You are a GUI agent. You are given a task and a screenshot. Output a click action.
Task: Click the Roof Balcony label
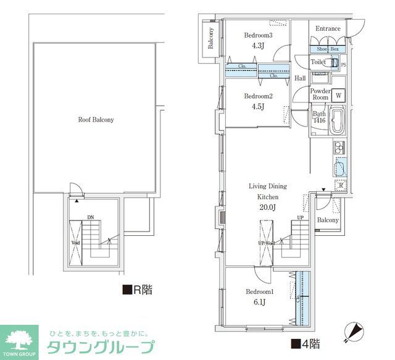(x=96, y=120)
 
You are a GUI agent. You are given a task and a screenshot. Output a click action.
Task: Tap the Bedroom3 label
(x=258, y=35)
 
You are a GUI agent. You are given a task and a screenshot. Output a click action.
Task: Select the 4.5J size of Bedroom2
(x=258, y=106)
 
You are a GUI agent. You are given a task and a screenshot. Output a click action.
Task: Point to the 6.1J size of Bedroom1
(x=258, y=301)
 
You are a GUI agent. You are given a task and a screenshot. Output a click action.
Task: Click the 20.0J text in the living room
(x=267, y=207)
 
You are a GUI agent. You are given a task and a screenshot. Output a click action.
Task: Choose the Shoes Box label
(x=328, y=49)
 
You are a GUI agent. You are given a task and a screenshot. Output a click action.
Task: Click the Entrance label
(x=328, y=29)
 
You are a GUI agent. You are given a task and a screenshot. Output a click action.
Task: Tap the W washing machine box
(x=338, y=96)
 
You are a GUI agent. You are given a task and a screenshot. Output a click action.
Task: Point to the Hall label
(x=301, y=78)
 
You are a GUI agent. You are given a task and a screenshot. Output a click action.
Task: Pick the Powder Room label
(x=320, y=94)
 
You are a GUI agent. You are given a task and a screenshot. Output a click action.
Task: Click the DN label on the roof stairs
(x=90, y=217)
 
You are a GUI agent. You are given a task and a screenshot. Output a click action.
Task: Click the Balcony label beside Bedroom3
(x=210, y=38)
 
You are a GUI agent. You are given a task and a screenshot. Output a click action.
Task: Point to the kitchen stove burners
(x=339, y=148)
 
